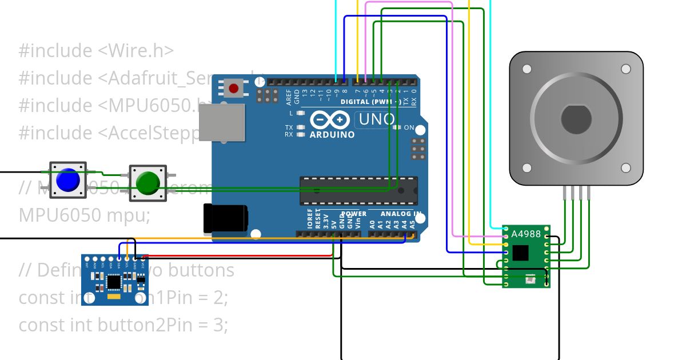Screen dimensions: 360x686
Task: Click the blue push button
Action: click(68, 180)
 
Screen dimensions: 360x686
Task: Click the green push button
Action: click(148, 183)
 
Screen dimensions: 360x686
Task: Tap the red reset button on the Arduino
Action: click(233, 89)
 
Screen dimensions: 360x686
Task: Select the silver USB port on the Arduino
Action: click(222, 122)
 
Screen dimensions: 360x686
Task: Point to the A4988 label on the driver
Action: click(525, 233)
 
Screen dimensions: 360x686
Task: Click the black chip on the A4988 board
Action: click(520, 253)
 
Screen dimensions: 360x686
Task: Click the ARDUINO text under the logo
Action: click(332, 135)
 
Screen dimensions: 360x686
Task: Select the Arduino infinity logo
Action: click(330, 120)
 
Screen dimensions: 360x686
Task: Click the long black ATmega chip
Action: click(358, 191)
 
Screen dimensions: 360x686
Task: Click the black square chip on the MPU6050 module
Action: click(114, 281)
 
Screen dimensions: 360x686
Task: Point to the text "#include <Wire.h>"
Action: click(96, 51)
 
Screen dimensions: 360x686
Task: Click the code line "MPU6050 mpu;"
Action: click(85, 215)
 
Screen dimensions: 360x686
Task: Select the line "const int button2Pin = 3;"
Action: click(123, 325)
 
